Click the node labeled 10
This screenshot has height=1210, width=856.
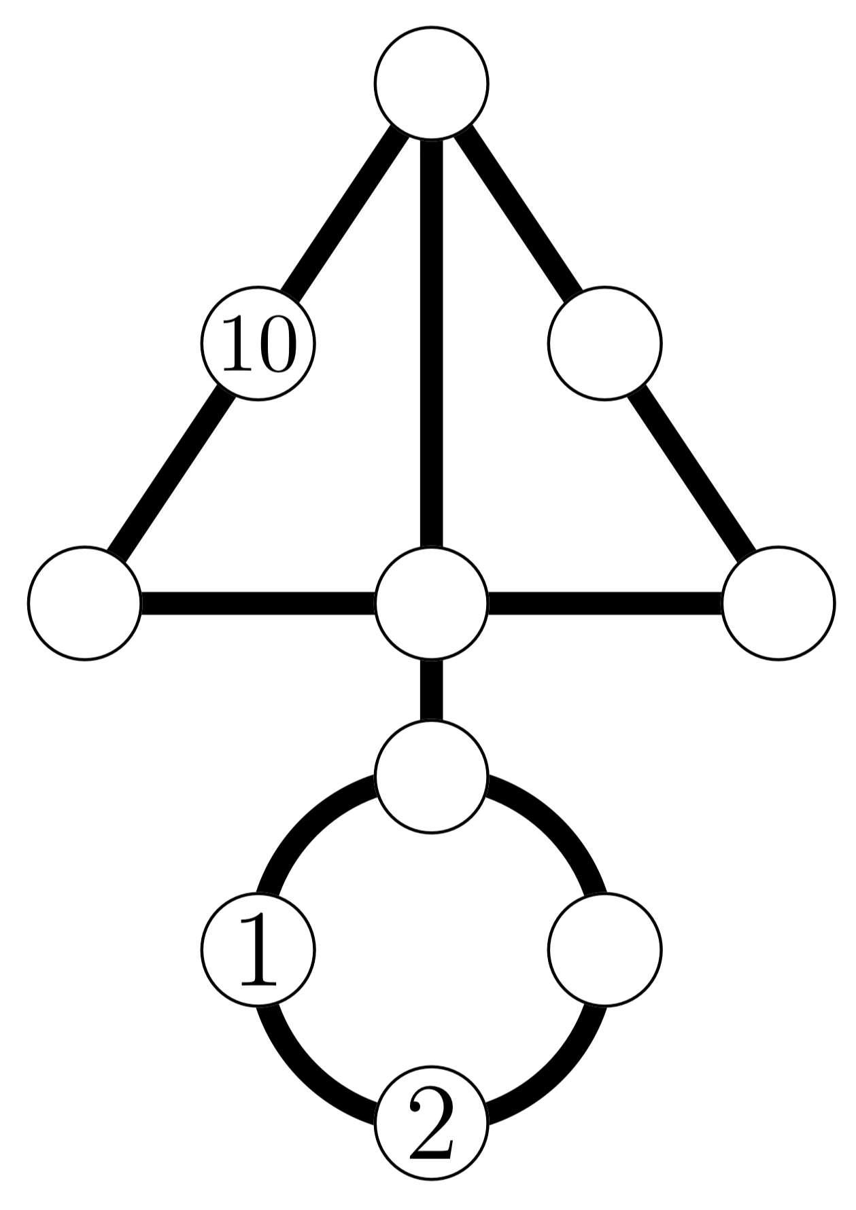point(258,343)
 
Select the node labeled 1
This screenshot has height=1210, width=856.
point(258,948)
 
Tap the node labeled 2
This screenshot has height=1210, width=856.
point(431,1122)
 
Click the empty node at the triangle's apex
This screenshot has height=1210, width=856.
point(431,84)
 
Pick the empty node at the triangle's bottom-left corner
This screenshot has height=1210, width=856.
point(84,602)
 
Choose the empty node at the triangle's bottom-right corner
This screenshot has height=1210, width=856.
point(778,602)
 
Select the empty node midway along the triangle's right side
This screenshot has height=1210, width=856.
point(604,343)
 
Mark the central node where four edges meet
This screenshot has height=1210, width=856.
point(431,602)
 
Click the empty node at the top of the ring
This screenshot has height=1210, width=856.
point(431,775)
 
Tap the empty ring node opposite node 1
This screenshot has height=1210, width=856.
point(604,948)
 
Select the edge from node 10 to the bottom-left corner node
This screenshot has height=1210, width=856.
point(171,473)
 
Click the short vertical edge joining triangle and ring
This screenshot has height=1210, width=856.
point(431,689)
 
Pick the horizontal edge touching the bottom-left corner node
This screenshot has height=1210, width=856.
point(258,602)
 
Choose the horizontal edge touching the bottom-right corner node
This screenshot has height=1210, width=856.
point(604,602)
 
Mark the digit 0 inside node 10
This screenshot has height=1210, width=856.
point(278,344)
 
